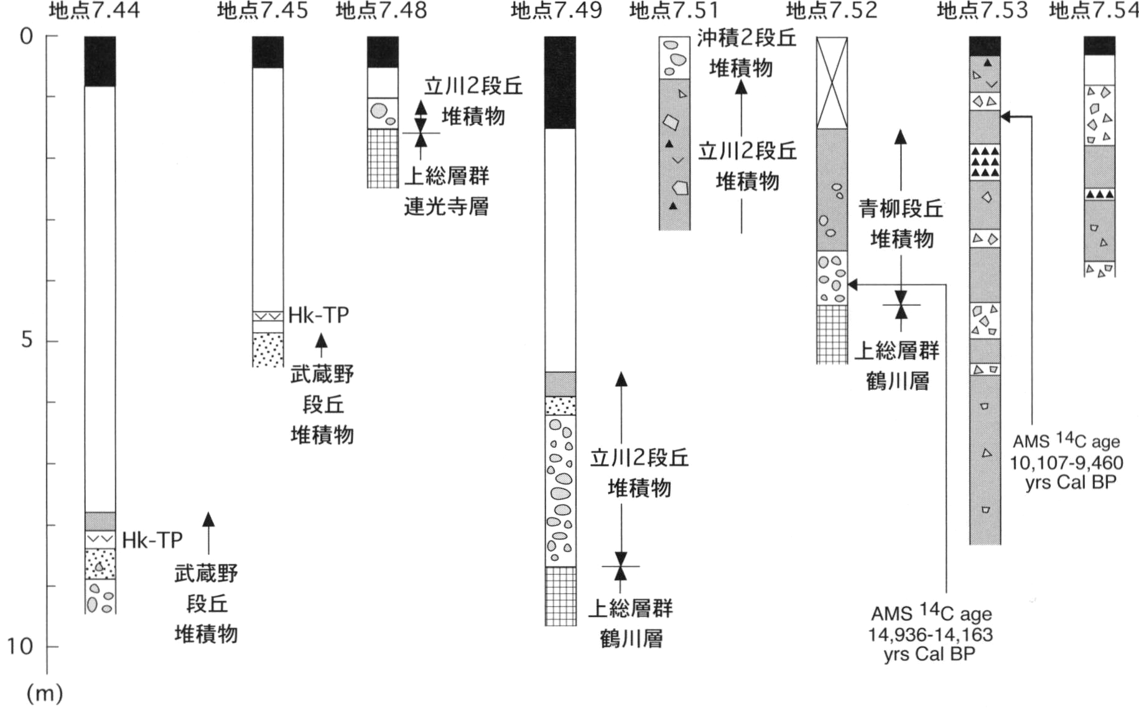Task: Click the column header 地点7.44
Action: coord(95,11)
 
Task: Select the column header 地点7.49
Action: coord(557,11)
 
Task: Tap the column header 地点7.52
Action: coord(832,11)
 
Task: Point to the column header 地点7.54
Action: coord(1094,11)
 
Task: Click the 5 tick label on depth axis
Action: coord(26,340)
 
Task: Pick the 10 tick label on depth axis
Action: coord(20,646)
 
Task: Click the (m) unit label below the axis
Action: coord(44,693)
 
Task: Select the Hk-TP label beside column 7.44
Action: coord(152,540)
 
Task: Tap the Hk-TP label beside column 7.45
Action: coord(318,315)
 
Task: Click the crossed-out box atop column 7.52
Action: coord(832,83)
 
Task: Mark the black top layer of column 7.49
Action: coord(560,83)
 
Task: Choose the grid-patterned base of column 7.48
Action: coord(383,158)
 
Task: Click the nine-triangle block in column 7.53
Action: coord(985,162)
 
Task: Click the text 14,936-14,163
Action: coord(931,635)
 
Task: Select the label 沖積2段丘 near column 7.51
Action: coord(746,38)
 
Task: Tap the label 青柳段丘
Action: coord(901,209)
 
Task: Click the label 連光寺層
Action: coord(446,206)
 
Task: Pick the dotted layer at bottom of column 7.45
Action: coord(268,350)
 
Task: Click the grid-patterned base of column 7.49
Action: coord(560,596)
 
